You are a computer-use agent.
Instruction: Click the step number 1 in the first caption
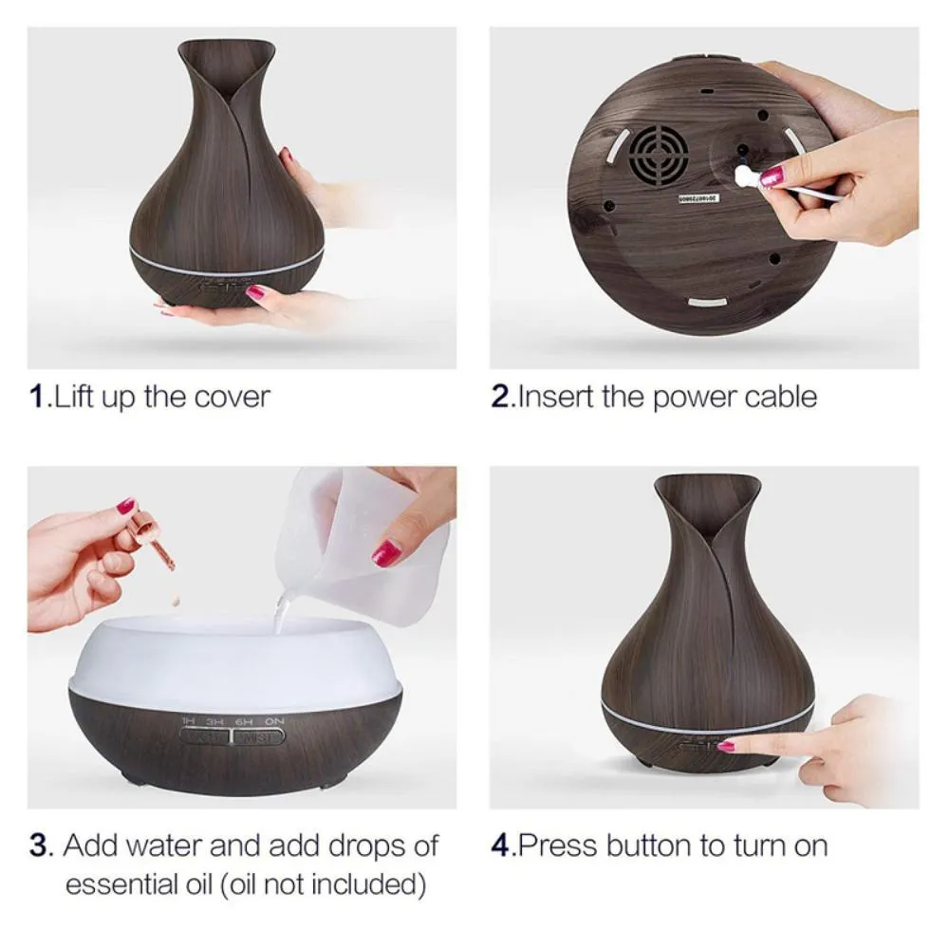click(37, 396)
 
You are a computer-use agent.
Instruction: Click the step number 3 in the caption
click(38, 845)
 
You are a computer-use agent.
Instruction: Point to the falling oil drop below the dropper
click(174, 602)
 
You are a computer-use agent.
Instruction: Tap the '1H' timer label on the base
click(189, 722)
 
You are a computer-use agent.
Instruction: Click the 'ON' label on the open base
click(274, 722)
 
